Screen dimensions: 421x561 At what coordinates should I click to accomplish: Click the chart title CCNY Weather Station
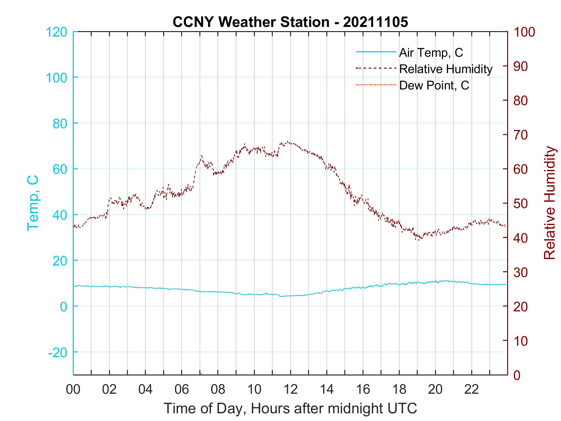[290, 22]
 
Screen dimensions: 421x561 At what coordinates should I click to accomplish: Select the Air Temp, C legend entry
[431, 53]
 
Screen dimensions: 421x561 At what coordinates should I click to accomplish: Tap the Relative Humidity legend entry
[445, 69]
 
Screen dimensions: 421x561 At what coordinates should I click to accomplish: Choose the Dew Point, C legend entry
[434, 85]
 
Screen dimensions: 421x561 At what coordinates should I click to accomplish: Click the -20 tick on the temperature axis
[58, 352]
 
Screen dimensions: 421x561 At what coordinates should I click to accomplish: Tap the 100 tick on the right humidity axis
[524, 32]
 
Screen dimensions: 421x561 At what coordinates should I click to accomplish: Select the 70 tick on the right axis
[521, 135]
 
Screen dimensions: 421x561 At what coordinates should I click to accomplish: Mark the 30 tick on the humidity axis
[521, 272]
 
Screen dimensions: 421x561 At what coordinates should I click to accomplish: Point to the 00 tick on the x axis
[73, 390]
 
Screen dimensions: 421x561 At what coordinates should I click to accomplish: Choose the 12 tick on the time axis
[290, 390]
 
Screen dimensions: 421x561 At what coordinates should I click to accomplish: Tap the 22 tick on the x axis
[472, 390]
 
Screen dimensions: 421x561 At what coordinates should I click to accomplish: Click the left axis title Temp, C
[33, 203]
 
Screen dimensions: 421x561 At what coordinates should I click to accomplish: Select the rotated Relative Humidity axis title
[549, 203]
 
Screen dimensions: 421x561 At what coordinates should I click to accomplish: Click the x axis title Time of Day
[290, 408]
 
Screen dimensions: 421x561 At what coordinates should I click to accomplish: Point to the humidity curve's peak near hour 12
[288, 141]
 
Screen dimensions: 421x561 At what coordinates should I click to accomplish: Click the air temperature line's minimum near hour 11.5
[281, 296]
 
